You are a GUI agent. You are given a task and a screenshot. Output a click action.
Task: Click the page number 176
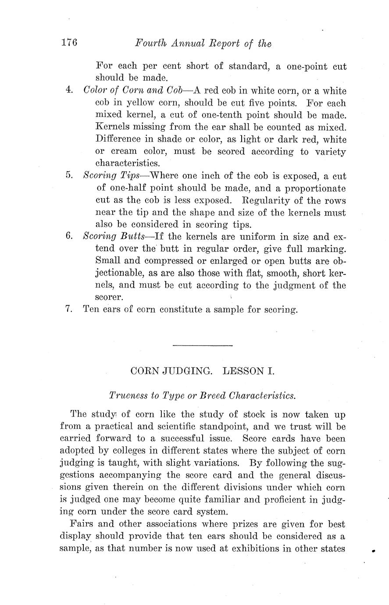point(69,43)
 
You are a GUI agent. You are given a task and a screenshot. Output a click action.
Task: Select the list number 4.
point(69,91)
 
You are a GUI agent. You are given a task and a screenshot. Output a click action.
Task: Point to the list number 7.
point(68,309)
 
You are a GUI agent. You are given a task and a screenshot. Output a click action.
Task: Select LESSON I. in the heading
point(248,371)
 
